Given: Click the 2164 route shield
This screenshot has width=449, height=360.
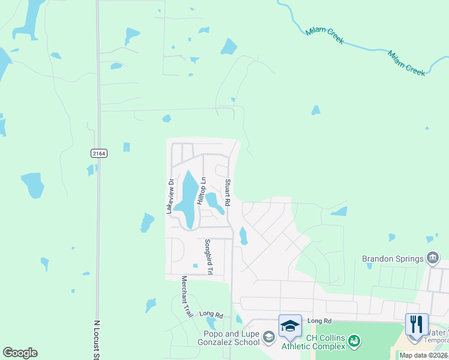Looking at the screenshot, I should tap(99, 154).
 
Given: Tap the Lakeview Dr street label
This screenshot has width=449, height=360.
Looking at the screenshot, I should tap(170, 197).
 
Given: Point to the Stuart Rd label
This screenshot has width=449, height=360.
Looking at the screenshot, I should tap(228, 193).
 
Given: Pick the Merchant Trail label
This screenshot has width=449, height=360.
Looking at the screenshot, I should tap(186, 296).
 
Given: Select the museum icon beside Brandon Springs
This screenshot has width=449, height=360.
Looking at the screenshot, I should tap(432, 259).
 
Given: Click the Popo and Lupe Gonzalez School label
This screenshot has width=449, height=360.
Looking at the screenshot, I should tap(227, 339).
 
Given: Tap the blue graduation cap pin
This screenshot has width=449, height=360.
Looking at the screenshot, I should tap(290, 326).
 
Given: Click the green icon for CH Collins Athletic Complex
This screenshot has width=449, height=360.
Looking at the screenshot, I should tap(354, 341).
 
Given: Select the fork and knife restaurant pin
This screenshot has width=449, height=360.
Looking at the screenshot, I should tap(417, 325).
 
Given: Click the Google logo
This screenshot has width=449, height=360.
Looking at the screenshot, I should tap(20, 353).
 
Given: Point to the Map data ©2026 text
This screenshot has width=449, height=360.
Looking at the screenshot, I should tap(423, 355).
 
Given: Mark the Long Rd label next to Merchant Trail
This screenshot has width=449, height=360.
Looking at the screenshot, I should tap(211, 314).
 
